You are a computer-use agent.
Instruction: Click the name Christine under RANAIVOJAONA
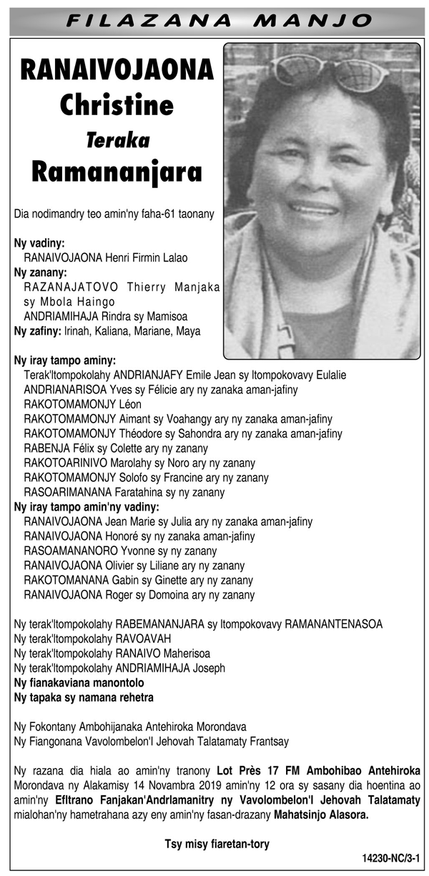[117, 105]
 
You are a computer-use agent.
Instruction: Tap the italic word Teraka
[117, 140]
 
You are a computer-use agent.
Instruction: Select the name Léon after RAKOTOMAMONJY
[129, 404]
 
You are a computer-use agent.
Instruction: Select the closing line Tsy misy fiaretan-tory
[217, 844]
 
